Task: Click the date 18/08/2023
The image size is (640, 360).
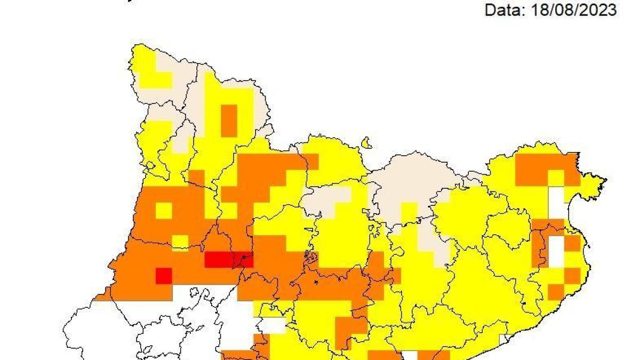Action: pos(574,10)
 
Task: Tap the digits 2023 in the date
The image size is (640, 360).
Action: pos(601,10)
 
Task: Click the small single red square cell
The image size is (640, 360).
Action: pos(164,276)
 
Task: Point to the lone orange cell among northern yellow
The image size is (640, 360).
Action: pos(229,120)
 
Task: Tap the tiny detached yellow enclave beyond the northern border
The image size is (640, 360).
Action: pos(366,143)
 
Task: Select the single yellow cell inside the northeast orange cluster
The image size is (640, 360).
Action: pos(556,178)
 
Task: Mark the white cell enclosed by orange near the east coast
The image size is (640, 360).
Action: pos(556,252)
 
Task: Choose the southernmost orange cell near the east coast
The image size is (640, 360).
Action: pos(556,292)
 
